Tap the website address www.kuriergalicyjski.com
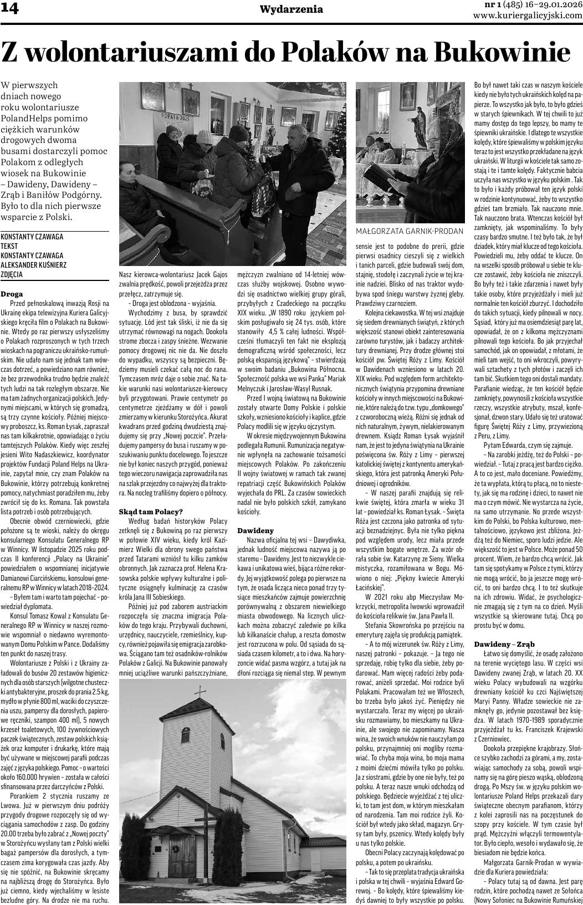pos(528,16)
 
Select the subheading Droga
pos(12,294)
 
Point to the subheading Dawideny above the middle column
pos(255,530)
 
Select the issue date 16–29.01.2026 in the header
pos(546,5)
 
